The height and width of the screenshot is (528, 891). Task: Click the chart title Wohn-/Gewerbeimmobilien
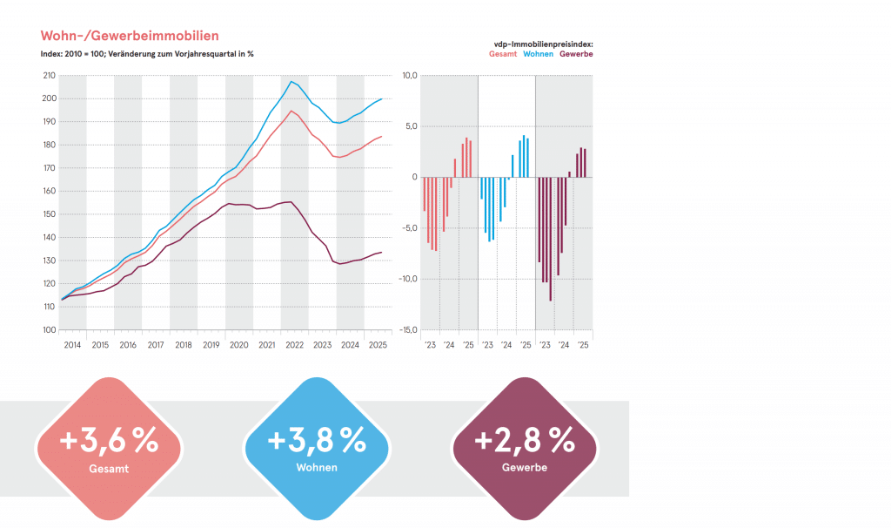coord(130,36)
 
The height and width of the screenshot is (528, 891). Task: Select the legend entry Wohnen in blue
coord(538,54)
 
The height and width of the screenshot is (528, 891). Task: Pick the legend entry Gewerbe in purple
coord(576,54)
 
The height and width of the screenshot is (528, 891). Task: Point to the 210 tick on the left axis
coord(49,76)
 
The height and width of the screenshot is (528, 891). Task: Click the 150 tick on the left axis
coord(49,214)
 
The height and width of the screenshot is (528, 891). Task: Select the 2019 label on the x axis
coord(211,346)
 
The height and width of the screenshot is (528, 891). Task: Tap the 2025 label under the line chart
coord(378,346)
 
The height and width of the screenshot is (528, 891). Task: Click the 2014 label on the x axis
coord(72,346)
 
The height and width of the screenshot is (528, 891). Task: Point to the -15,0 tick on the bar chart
coord(406,330)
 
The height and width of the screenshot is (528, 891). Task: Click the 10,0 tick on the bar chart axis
coord(408,76)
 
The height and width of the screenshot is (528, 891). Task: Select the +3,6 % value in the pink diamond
coord(109,441)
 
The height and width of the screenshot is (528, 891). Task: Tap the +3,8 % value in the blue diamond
coord(316,441)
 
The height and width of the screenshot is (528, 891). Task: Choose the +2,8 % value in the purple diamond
coord(525,441)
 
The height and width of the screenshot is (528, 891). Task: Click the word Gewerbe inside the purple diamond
coord(525,468)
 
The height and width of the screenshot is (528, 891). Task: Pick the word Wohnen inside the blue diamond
coord(316,468)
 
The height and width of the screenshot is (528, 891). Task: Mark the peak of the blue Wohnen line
coord(291,81)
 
